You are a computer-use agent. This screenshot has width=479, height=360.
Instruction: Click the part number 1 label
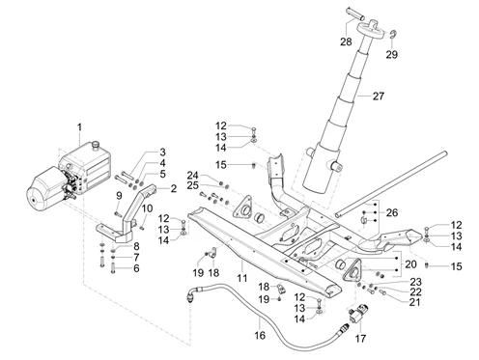click(x=79, y=127)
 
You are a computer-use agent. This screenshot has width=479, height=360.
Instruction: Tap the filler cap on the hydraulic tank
click(x=96, y=145)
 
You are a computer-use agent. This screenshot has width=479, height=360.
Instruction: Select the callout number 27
click(x=379, y=96)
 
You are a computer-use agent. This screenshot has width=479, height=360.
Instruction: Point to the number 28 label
click(x=346, y=42)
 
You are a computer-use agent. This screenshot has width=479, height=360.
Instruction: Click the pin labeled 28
click(x=355, y=14)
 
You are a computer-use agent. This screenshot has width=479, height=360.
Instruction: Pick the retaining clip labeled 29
click(x=393, y=35)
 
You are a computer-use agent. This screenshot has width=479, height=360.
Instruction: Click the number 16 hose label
click(x=260, y=336)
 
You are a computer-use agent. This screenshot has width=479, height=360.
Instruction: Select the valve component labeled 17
click(x=358, y=314)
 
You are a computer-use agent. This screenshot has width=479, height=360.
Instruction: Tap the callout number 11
click(x=242, y=278)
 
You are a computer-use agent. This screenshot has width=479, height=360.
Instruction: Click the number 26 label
click(x=392, y=212)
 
